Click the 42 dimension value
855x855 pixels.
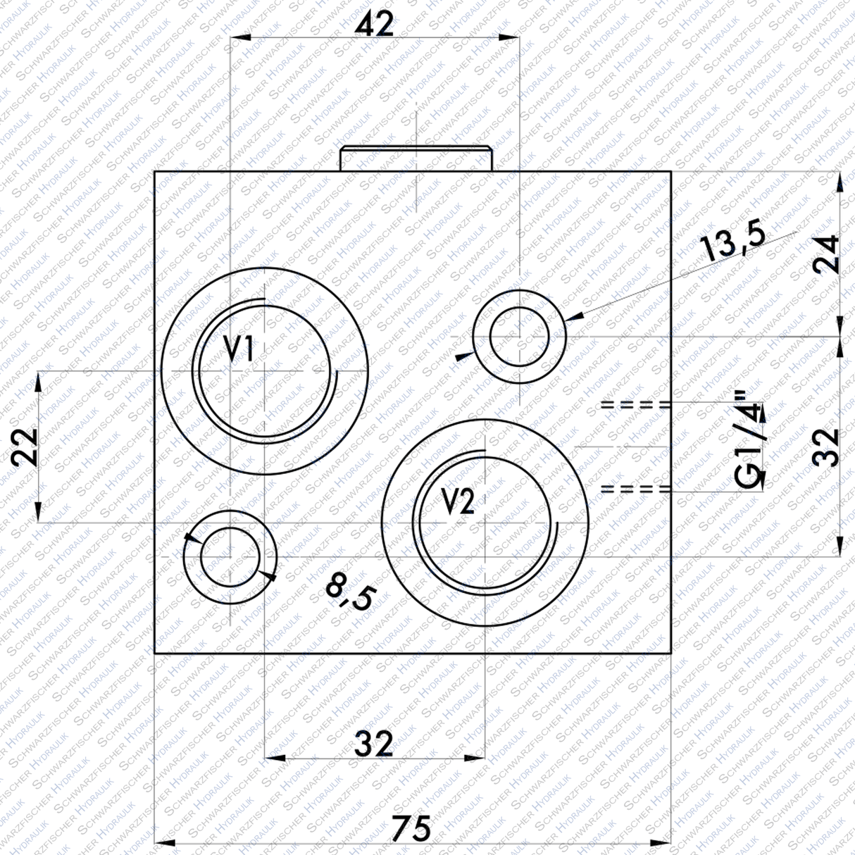pos(374,25)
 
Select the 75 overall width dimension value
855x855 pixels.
pos(411,828)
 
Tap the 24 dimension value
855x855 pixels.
pos(825,254)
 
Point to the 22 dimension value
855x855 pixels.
pos(27,446)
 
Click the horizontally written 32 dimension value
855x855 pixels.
pos(373,744)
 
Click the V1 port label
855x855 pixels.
pos(239,349)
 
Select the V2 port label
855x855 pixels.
pos(459,502)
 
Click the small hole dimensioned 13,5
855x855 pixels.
pos(520,337)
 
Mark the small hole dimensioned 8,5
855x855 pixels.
pos(230,557)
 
